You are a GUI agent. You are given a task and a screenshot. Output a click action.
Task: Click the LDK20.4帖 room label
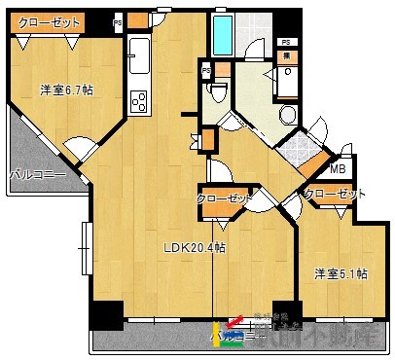click(195, 248)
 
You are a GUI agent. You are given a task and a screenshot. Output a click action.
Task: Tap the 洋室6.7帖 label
click(66, 90)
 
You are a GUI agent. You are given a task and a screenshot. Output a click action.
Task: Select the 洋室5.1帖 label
click(340, 274)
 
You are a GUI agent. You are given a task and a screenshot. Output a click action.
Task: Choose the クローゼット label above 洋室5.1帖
click(335, 194)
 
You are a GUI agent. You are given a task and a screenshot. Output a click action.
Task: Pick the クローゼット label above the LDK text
click(225, 198)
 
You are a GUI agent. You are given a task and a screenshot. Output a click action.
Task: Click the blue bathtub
click(224, 35)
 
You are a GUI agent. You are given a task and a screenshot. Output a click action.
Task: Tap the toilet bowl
click(218, 91)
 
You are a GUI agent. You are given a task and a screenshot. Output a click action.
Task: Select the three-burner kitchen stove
click(137, 101)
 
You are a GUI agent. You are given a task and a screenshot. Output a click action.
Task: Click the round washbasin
click(289, 115)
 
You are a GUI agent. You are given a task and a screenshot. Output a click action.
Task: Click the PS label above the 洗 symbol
click(286, 42)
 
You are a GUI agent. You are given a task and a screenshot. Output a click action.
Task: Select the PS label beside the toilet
click(206, 71)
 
